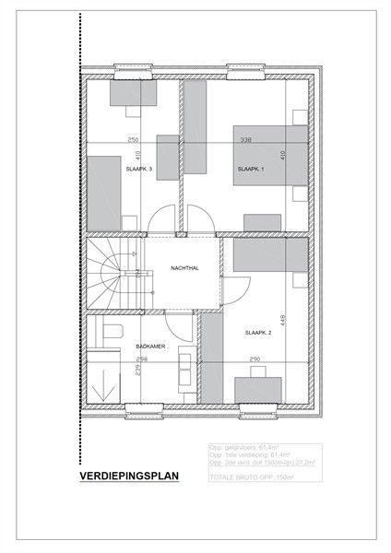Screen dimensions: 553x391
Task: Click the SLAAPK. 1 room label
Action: click(250, 170)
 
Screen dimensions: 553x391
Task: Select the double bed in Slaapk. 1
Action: click(268, 154)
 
